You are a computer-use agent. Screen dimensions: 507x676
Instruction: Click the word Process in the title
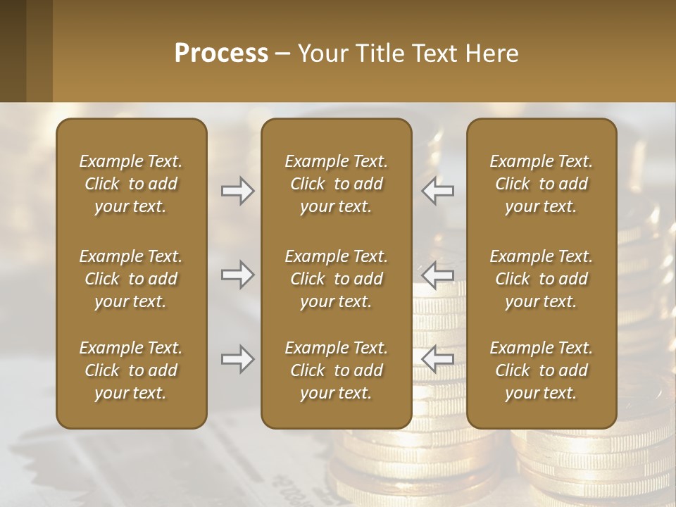(x=221, y=54)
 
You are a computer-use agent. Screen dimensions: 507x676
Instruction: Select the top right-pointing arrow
(x=237, y=191)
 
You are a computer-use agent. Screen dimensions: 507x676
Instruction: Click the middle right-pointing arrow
(x=237, y=275)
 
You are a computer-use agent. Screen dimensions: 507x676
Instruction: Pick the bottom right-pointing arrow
(x=237, y=359)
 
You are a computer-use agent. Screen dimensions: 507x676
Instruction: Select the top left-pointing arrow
(x=438, y=191)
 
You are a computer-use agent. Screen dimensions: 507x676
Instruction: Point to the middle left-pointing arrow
(x=438, y=275)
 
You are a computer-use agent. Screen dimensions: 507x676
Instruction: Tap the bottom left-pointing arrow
(x=438, y=359)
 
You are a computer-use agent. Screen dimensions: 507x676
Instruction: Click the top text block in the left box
(x=131, y=184)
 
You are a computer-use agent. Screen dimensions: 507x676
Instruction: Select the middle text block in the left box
(x=131, y=279)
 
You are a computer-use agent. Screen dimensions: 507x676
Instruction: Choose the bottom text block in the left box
(x=131, y=370)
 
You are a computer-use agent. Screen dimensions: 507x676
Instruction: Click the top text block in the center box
(x=336, y=184)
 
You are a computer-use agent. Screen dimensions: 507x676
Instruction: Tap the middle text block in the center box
(x=336, y=279)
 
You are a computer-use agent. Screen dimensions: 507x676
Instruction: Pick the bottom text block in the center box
(x=336, y=370)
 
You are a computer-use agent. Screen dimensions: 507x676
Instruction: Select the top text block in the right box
(x=541, y=184)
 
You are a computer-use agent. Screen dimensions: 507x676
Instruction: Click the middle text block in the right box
(x=541, y=279)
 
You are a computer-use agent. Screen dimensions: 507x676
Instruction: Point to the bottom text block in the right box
(x=541, y=370)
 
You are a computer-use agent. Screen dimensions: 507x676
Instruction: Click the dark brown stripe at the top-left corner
(x=13, y=51)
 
